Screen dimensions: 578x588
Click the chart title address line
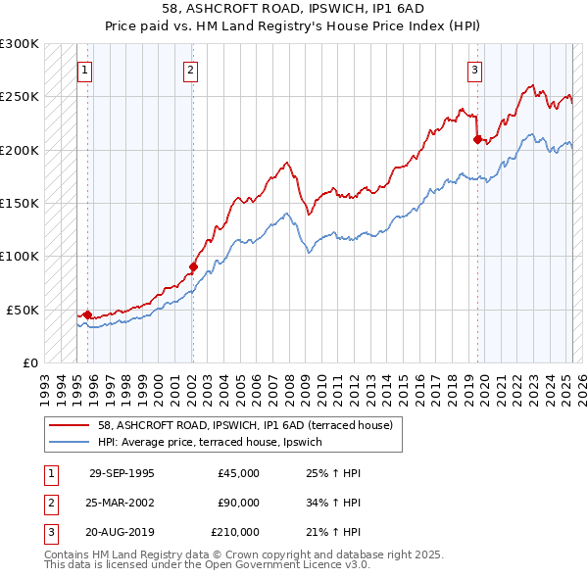click(293, 9)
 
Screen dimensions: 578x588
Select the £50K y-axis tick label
click(24, 310)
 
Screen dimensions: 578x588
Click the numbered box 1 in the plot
click(85, 70)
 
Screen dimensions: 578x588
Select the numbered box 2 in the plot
click(190, 70)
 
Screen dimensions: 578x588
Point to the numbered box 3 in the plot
click(474, 70)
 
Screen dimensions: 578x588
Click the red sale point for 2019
click(477, 139)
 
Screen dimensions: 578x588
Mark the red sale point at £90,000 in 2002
click(193, 266)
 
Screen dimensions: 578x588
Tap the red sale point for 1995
click(87, 314)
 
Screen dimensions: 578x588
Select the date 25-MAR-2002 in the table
click(122, 503)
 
